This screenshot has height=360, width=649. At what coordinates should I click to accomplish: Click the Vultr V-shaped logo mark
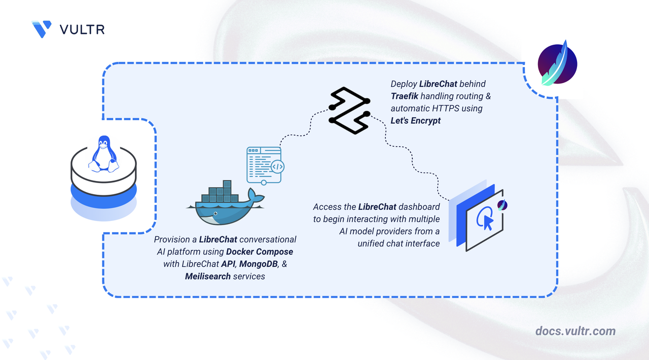42,29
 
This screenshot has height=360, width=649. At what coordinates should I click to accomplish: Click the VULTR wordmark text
82,29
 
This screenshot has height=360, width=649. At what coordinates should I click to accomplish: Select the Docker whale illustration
225,203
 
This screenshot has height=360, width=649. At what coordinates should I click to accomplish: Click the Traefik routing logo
349,111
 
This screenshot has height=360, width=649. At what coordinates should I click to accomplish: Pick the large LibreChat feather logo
557,64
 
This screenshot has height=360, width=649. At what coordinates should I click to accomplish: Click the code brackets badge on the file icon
277,167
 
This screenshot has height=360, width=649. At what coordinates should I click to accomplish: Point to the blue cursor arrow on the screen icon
488,223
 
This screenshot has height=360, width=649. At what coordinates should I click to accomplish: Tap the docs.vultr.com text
575,331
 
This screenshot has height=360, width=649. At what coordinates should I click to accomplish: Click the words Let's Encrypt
415,121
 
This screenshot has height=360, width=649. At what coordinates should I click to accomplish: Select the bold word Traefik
405,96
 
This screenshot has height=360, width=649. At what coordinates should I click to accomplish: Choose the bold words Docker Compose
259,251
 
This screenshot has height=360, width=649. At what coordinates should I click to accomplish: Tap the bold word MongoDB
259,264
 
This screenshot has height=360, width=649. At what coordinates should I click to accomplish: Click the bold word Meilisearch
208,276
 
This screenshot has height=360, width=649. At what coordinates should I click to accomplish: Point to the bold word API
228,264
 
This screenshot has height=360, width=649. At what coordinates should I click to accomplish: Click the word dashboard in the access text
419,207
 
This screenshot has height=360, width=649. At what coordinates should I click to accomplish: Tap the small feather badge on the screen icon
502,205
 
